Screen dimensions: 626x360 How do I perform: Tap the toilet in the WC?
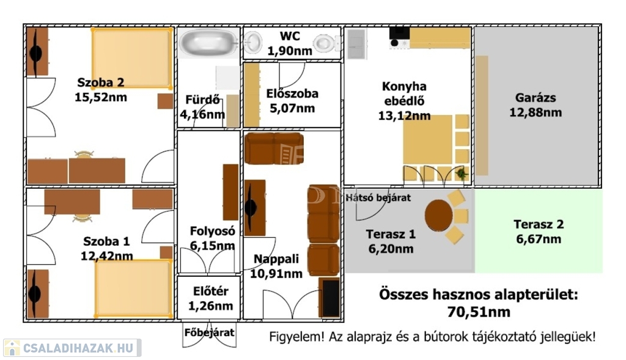pyautogui.click(x=325, y=43)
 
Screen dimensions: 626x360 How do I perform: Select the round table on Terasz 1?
pyautogui.click(x=438, y=215)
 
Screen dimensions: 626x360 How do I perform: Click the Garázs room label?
pyautogui.click(x=535, y=97)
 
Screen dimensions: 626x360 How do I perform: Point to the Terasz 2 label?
pyautogui.click(x=539, y=224)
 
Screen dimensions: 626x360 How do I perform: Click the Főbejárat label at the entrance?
pyautogui.click(x=209, y=332)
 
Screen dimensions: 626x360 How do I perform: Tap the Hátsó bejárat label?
pyautogui.click(x=378, y=197)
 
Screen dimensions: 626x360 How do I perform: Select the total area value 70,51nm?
pyautogui.click(x=479, y=311)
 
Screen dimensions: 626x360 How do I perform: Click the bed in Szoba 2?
pyautogui.click(x=132, y=58)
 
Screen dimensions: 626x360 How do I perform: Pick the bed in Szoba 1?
pyautogui.click(x=134, y=288)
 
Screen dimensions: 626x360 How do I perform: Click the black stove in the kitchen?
pyautogui.click(x=399, y=38)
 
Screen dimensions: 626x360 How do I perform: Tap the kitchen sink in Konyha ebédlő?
pyautogui.click(x=356, y=44)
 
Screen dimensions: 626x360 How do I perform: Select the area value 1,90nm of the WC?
pyautogui.click(x=289, y=51)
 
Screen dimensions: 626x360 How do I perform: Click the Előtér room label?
pyautogui.click(x=211, y=292)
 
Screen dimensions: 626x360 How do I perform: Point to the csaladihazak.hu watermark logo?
pyautogui.click(x=72, y=348)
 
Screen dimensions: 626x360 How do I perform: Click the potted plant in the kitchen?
pyautogui.click(x=462, y=174)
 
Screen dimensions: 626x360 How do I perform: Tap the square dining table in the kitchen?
pyautogui.click(x=427, y=140)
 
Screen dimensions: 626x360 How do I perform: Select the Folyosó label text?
pyautogui.click(x=212, y=231)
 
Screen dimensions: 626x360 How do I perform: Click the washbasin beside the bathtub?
pyautogui.click(x=252, y=42)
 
